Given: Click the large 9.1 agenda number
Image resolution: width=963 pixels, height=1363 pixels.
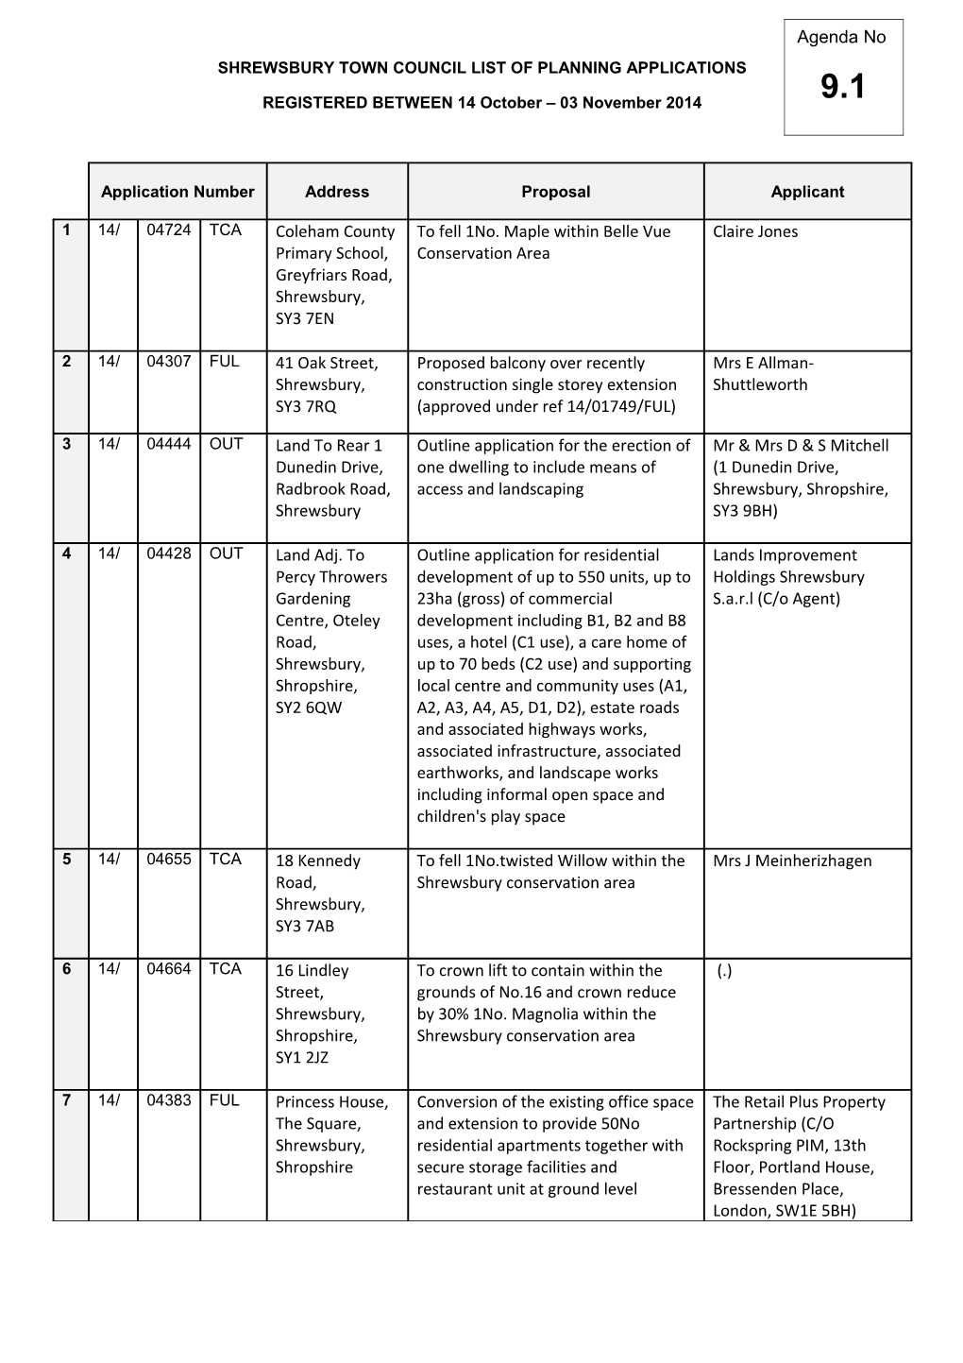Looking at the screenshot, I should tap(842, 88).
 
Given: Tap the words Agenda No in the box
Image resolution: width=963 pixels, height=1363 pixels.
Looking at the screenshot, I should tap(841, 38).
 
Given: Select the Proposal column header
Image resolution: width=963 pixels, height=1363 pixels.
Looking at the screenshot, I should tap(555, 192).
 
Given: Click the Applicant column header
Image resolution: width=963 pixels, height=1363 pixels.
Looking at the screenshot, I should tap(807, 192).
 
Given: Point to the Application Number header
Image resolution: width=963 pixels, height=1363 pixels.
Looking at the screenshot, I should tap(177, 192).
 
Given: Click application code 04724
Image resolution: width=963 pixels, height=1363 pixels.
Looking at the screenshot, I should tap(169, 230).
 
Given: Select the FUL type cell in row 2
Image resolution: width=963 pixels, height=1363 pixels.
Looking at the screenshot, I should tap(225, 362).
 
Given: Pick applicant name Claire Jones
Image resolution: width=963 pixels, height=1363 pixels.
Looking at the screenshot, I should tap(754, 231).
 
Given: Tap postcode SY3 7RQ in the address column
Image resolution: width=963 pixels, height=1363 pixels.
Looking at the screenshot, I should tap(306, 407).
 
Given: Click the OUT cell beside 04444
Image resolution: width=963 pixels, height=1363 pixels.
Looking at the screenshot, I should tap(227, 444).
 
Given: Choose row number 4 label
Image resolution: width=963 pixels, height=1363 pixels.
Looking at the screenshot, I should tap(66, 554).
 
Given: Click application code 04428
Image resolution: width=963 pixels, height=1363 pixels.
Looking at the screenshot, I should tap(169, 554).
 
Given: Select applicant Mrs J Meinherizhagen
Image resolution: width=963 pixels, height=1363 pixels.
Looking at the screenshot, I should tap(791, 860).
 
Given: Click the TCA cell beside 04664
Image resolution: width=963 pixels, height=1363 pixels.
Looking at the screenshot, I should tap(226, 969).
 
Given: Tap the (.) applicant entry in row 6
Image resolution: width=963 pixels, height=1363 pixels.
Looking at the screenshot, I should tap(723, 971).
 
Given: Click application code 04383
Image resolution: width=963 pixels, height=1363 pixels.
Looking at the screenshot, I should tap(169, 1100).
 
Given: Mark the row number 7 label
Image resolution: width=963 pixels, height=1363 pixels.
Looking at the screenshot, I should tap(66, 1100).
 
